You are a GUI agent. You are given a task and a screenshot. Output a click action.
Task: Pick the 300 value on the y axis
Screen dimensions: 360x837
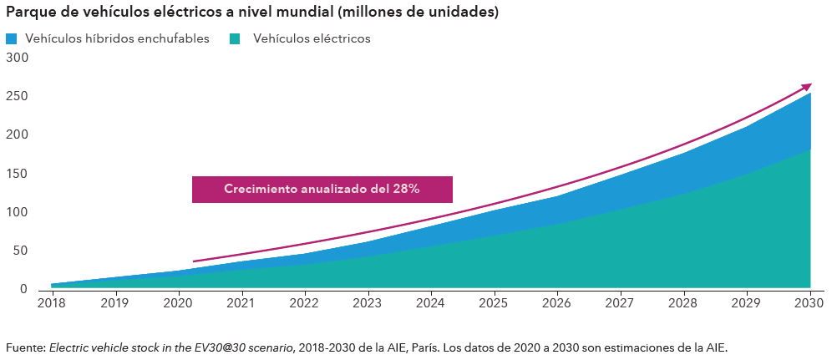click(17, 58)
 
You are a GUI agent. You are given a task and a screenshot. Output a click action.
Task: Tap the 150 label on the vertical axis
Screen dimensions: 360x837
click(17, 174)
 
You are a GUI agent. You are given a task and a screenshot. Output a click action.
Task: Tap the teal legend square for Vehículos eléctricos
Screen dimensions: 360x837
click(236, 39)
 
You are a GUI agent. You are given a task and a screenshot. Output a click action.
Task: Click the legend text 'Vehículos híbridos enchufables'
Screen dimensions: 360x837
click(117, 39)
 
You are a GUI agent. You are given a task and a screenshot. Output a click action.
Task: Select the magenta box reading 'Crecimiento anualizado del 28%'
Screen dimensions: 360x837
click(322, 190)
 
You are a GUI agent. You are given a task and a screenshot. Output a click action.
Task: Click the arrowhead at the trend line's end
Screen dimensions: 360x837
click(807, 86)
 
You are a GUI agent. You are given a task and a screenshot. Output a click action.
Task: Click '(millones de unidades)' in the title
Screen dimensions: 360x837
click(424, 13)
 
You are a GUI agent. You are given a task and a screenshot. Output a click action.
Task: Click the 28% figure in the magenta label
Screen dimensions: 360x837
click(404, 190)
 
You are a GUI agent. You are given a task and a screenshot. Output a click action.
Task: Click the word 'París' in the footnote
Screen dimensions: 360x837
click(421, 347)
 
